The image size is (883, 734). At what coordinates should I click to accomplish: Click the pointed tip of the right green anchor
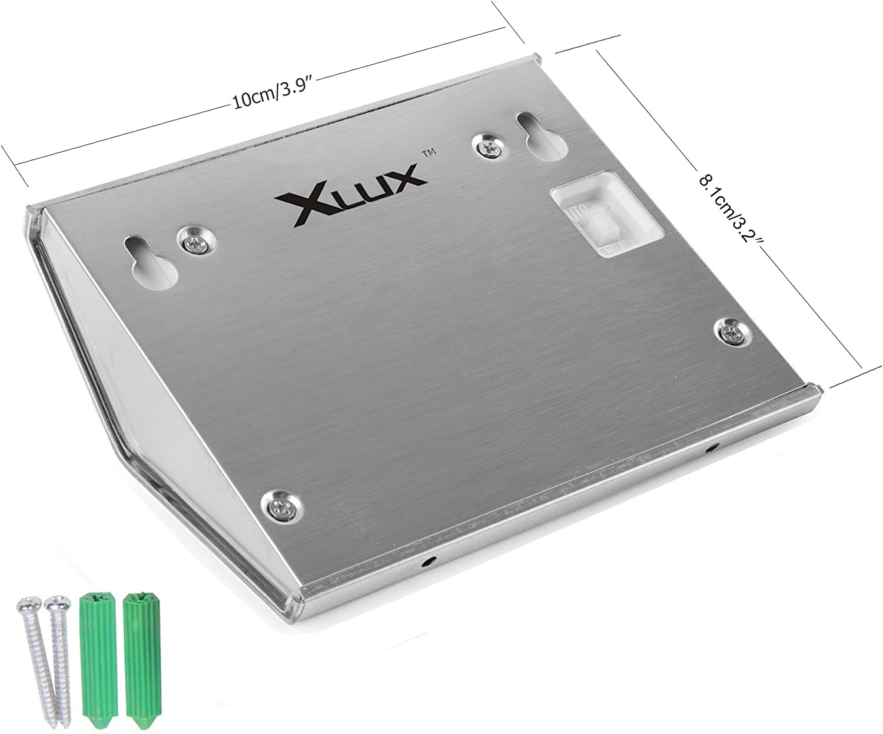pos(136,724)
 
